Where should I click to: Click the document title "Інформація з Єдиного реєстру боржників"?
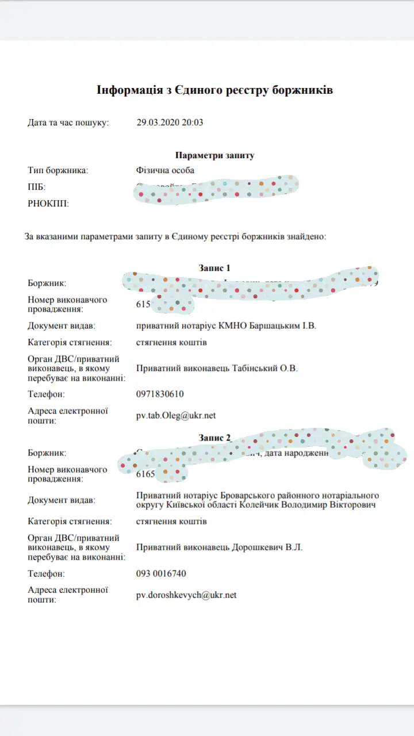coord(214,90)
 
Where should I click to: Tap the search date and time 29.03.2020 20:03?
coord(170,122)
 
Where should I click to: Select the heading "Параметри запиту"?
coord(214,155)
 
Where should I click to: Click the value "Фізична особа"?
coord(165,170)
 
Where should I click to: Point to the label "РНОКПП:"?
coord(48,204)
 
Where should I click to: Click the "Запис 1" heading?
coord(214,268)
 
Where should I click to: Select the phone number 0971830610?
coord(159,394)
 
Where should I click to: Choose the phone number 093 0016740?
coord(161,574)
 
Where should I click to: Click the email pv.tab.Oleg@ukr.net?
coord(176,416)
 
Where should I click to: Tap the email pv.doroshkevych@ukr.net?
coord(186,595)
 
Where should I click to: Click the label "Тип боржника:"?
coord(58,170)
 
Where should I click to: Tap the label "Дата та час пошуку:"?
coord(68,122)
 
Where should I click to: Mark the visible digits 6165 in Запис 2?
coord(145,474)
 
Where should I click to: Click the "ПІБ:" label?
coord(36,187)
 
